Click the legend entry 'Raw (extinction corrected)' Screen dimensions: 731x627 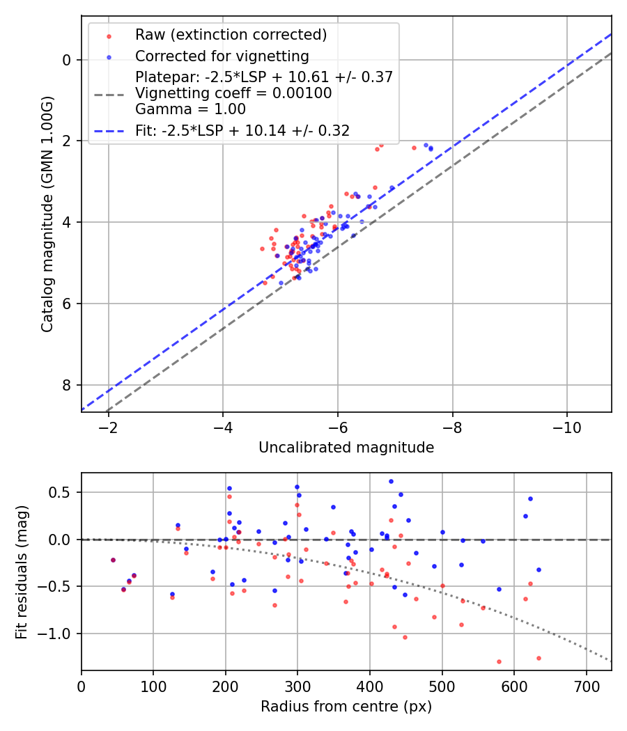pyautogui.click(x=231, y=35)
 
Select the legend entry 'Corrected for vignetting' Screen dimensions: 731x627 pyautogui.click(x=222, y=56)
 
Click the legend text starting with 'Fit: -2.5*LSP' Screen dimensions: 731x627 pyautogui.click(x=242, y=130)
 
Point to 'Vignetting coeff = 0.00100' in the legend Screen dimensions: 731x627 pyautogui.click(x=233, y=93)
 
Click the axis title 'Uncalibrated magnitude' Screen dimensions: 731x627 pyautogui.click(x=346, y=448)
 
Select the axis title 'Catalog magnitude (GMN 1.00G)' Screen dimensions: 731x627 pyautogui.click(x=47, y=214)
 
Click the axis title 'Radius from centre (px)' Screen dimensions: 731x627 pyautogui.click(x=346, y=707)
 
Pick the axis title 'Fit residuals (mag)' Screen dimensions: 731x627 pyautogui.click(x=22, y=572)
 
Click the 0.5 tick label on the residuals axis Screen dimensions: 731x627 pyautogui.click(x=62, y=492)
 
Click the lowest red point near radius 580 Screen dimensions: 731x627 pyautogui.click(x=499, y=661)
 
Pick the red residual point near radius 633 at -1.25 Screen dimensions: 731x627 pyautogui.click(x=539, y=658)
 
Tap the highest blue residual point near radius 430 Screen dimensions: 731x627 pyautogui.click(x=391, y=481)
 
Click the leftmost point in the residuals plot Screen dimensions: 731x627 pyautogui.click(x=113, y=560)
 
